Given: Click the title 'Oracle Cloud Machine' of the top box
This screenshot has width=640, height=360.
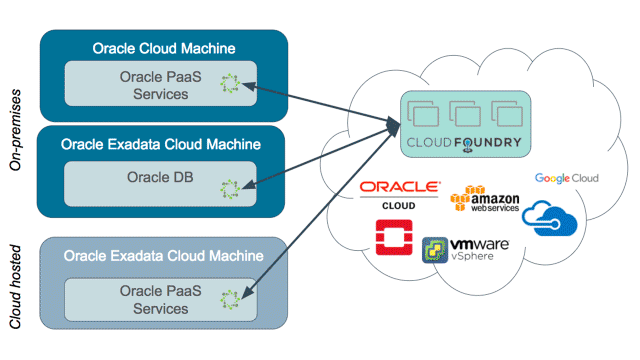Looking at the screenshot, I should (163, 48).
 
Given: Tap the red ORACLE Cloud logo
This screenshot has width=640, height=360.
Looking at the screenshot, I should (399, 192).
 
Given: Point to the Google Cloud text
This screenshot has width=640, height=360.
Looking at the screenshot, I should (566, 178).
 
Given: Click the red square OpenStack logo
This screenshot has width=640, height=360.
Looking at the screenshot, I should (391, 240).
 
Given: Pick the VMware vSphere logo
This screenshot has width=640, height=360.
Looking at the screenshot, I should (466, 250).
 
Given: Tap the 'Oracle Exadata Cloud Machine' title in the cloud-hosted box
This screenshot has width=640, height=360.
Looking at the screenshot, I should (163, 255).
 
